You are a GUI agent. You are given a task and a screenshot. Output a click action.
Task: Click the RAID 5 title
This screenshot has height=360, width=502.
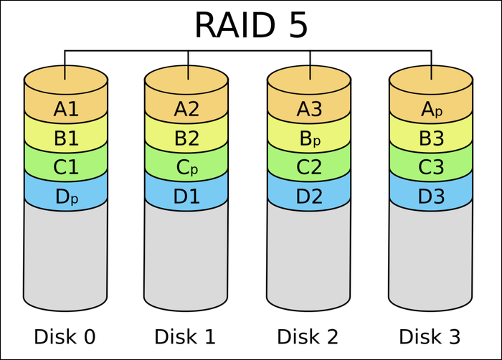click(250, 24)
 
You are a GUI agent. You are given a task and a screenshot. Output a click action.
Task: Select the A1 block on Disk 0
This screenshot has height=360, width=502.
click(65, 109)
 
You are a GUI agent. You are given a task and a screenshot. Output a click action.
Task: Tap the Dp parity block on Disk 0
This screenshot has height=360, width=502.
click(65, 195)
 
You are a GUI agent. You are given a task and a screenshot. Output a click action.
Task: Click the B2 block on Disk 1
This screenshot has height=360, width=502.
click(186, 138)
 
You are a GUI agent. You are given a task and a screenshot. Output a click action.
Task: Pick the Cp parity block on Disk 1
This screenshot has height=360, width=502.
click(186, 166)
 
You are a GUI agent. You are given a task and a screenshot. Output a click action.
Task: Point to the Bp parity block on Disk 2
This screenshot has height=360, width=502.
click(309, 138)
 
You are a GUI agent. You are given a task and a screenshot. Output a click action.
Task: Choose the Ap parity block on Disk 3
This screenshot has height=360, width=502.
click(431, 109)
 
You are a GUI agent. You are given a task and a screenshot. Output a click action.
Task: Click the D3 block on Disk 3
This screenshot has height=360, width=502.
click(431, 195)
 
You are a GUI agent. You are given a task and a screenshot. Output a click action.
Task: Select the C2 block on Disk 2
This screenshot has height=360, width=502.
click(309, 166)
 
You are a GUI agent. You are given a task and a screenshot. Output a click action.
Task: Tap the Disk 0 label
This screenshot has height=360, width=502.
click(65, 336)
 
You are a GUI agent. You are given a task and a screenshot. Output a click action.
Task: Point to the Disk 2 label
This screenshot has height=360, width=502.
click(309, 336)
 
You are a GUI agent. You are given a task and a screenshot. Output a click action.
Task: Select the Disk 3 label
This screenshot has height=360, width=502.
click(431, 336)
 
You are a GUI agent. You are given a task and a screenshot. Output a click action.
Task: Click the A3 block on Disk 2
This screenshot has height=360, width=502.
click(309, 109)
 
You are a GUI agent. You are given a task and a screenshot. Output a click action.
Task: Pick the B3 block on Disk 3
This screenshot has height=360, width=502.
click(431, 138)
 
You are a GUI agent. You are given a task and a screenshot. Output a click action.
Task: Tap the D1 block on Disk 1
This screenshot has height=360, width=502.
click(186, 195)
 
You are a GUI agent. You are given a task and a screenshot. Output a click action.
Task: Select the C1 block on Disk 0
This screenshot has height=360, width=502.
click(65, 166)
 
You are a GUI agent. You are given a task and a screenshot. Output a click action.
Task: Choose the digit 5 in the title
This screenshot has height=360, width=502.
click(295, 24)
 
